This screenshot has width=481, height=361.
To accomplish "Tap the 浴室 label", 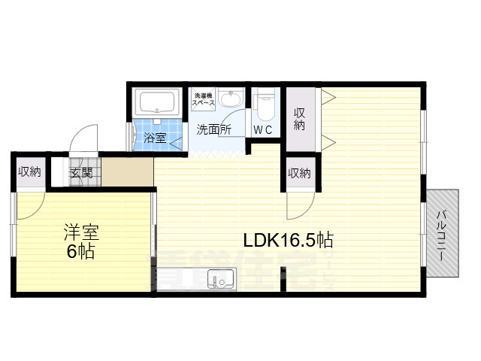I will [x=156, y=138].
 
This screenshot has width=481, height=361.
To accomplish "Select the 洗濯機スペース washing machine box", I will [x=204, y=98].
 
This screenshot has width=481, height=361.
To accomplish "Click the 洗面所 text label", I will [x=213, y=129].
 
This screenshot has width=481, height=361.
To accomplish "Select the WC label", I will [x=263, y=129].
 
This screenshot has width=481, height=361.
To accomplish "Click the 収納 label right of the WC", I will [x=299, y=119].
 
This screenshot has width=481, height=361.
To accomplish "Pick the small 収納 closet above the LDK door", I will [x=298, y=174].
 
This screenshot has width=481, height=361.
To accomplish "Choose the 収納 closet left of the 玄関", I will [x=30, y=172].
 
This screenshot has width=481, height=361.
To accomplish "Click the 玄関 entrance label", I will [x=81, y=173].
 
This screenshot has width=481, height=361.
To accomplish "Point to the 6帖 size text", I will [x=80, y=252].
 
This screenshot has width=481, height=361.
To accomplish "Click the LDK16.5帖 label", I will [x=288, y=241].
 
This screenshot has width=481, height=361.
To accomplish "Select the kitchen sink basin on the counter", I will [x=222, y=282].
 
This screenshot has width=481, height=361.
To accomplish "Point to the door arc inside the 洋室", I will [x=29, y=205].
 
